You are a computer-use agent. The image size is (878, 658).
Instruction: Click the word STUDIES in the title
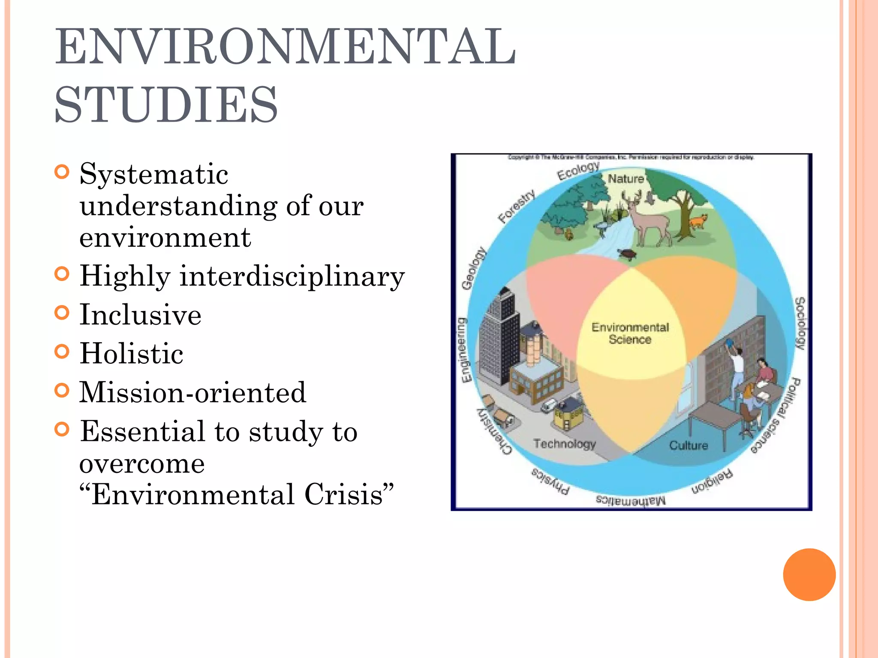coord(166,104)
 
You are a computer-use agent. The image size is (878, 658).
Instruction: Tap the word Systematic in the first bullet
coord(154,174)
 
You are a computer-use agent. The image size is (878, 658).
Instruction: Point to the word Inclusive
coord(141,314)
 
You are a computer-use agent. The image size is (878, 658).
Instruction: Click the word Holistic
coord(132,353)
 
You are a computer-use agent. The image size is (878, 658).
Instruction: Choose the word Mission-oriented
coord(193,392)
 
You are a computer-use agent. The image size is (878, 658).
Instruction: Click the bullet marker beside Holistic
coord(62,352)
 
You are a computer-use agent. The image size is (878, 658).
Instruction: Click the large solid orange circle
coord(809,574)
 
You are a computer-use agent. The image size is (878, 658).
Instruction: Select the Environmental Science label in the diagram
coord(630,333)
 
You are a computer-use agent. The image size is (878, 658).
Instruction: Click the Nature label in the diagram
coord(626,179)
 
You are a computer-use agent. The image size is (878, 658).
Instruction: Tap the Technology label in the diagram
coord(565,444)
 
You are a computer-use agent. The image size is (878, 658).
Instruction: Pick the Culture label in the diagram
coord(689,446)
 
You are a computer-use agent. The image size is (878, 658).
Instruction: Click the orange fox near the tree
coord(698,221)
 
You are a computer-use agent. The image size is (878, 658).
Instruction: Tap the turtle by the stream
coord(627,254)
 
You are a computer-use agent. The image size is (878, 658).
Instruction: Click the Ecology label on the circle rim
coord(578,171)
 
